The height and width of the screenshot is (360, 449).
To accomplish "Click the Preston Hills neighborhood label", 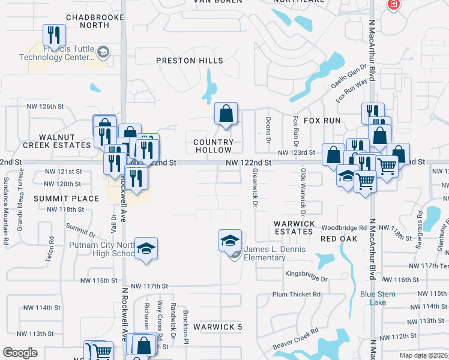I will pos(190,61).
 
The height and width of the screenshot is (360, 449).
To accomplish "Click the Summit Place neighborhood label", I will pos(66,198).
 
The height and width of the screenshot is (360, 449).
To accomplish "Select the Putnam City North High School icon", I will pos(146,248).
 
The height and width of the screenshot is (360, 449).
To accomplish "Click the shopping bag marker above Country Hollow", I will pos(226,113).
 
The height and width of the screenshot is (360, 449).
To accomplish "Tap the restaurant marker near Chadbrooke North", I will pos(54,35).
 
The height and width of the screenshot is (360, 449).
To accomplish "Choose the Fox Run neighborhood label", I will pos(322,121).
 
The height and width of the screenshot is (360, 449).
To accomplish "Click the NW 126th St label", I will pos(45,107).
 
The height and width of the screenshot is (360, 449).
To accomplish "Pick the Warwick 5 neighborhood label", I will pos(218,327).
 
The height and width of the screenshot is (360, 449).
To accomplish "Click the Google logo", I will pos(20,352).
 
